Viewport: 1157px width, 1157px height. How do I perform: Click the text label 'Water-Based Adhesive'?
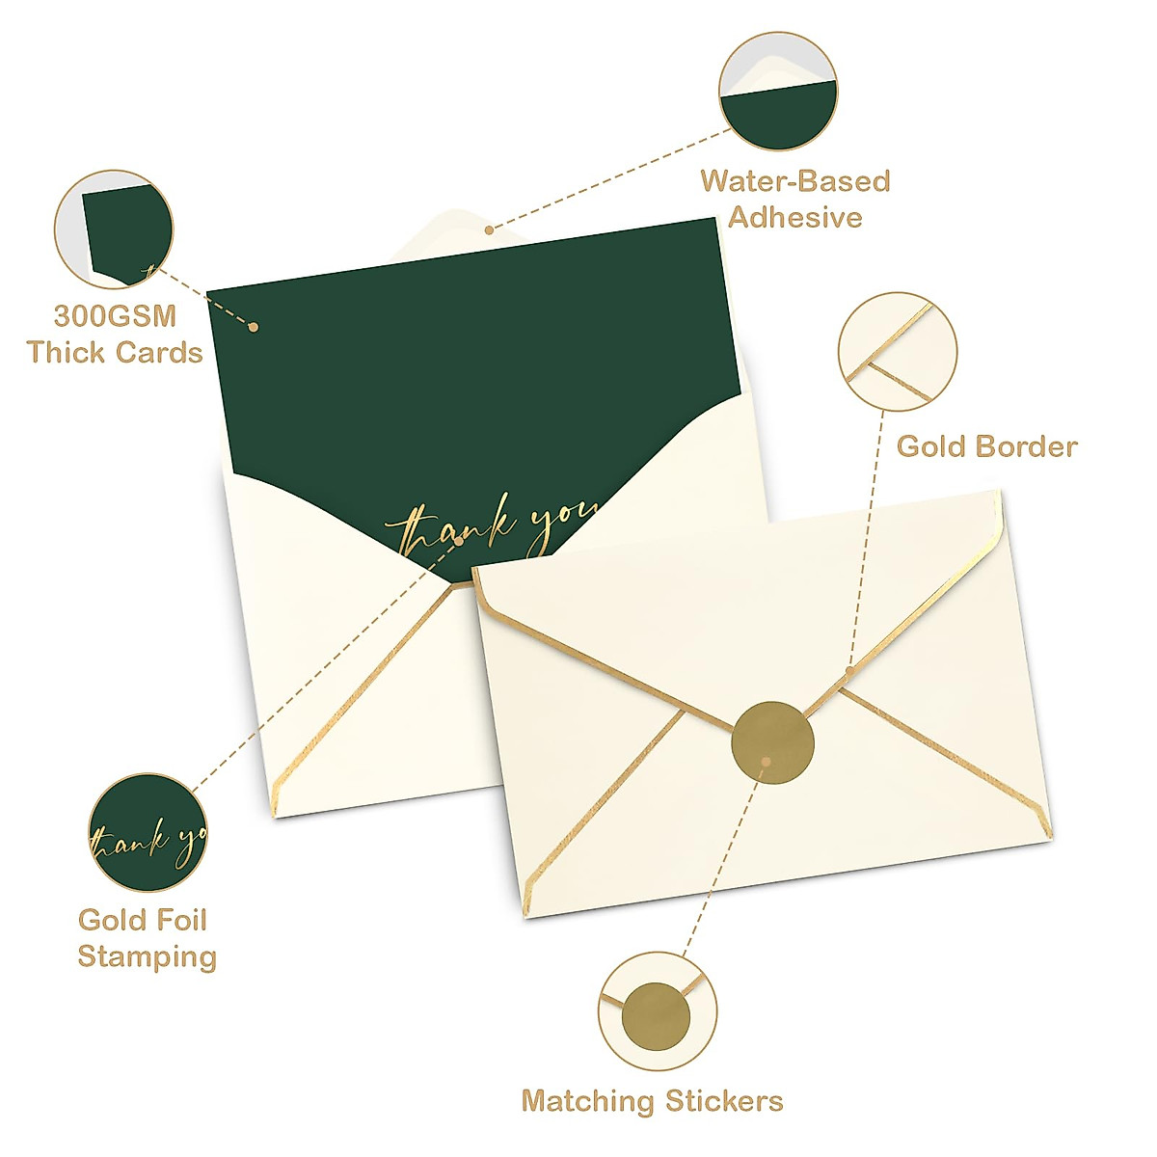pos(794,199)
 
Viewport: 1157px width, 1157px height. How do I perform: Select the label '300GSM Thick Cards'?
pos(115,334)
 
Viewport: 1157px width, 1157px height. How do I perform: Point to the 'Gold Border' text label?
pos(986,446)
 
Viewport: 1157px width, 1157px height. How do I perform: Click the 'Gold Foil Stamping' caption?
pos(146,938)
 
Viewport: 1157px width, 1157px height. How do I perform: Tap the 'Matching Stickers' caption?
pos(652,1101)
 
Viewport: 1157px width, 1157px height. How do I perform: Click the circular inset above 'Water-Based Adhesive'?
pos(779,94)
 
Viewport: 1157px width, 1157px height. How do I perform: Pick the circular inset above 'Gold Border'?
pos(898,348)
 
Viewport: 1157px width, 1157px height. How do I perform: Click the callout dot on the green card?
pos(253,327)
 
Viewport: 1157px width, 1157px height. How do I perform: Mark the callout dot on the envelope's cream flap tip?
pos(489,229)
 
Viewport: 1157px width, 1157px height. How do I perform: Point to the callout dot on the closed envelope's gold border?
pos(849,670)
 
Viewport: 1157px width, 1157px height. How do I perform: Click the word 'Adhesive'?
pos(794,217)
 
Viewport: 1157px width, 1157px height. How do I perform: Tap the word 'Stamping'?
pos(147,956)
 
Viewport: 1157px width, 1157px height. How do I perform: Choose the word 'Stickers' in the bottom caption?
pos(723,1101)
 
